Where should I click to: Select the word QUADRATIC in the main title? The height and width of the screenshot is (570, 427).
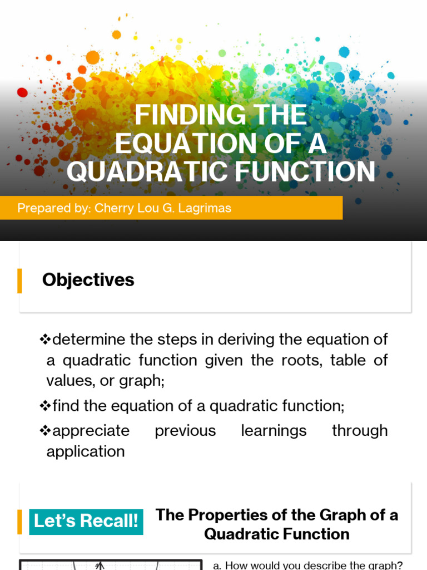pos(147,171)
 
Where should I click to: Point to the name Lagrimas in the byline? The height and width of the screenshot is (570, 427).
pos(206,208)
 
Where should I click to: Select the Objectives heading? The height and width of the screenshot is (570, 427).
pos(88,280)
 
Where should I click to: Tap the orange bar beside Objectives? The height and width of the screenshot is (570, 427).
pos(20,281)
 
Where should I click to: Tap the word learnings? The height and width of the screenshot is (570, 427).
pos(274,431)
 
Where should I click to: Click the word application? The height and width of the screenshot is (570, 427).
pos(86,451)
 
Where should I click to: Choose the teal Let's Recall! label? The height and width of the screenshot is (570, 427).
pos(86,522)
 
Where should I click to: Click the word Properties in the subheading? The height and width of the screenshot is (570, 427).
pos(231,515)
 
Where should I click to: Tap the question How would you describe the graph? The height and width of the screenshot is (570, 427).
pos(307,565)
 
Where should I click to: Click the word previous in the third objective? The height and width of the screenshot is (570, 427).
pos(185,431)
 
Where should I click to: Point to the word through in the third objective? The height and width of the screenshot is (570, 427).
pos(360,431)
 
